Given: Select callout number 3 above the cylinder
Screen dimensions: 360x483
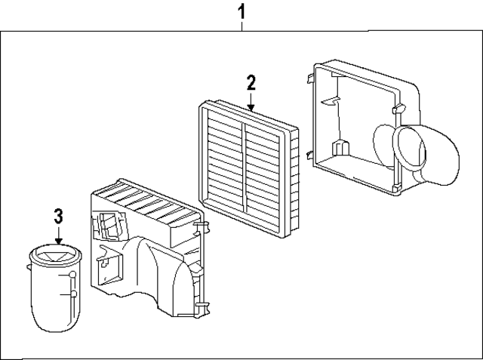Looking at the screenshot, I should tap(58, 217).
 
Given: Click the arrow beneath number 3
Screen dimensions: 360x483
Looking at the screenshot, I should tap(58, 238).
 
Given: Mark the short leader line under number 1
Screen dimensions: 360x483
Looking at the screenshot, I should tap(241, 26).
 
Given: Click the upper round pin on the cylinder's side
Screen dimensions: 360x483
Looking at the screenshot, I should tap(72, 278).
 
